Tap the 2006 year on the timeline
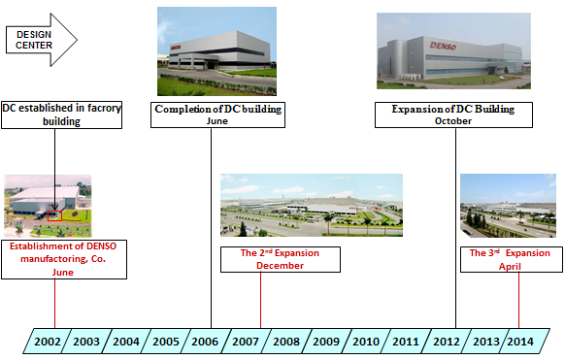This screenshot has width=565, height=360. click(x=206, y=341)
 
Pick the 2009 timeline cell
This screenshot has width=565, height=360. click(x=325, y=341)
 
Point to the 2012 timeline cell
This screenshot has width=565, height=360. click(x=446, y=341)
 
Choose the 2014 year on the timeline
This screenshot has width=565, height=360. click(x=519, y=341)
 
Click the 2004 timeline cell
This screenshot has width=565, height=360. click(x=126, y=341)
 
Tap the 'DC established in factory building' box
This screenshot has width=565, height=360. click(x=62, y=115)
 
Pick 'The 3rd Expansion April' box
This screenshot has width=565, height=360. click(x=509, y=259)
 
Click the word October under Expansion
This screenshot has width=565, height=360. click(x=452, y=122)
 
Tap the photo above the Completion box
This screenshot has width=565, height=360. click(x=216, y=50)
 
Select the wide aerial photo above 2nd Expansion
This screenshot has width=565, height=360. click(x=311, y=205)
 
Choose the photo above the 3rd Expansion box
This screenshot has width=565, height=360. click(x=507, y=205)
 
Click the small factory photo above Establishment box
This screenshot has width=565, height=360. click(x=49, y=206)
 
